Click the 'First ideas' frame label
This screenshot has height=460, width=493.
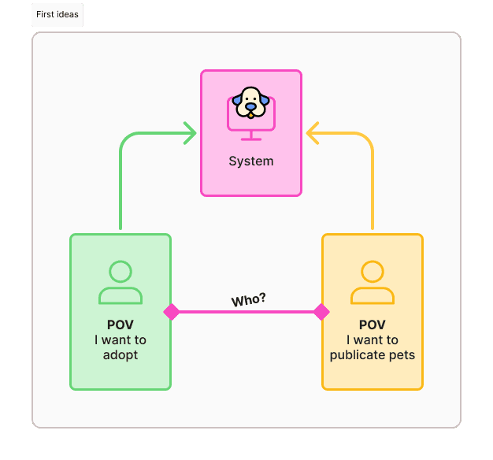tap(57, 14)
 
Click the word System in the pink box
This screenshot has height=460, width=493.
tap(251, 161)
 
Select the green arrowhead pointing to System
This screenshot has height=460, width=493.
tap(190, 133)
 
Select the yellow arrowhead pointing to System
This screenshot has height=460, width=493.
tap(313, 133)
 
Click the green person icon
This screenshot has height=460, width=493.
tap(120, 283)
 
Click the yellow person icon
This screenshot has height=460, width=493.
tap(373, 283)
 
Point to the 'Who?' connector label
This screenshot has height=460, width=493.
tap(248, 300)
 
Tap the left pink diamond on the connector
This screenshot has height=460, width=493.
tap(172, 312)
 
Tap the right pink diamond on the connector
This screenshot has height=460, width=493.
tap(321, 312)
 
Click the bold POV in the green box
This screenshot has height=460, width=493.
tap(120, 325)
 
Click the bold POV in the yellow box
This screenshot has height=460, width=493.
tap(373, 325)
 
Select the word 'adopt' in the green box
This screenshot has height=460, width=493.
tap(120, 355)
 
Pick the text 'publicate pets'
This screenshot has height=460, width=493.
tap(373, 355)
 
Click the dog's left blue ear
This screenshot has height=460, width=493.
tap(237, 102)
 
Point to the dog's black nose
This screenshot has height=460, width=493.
tap(250, 108)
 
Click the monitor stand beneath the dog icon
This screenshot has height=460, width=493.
tap(251, 135)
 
